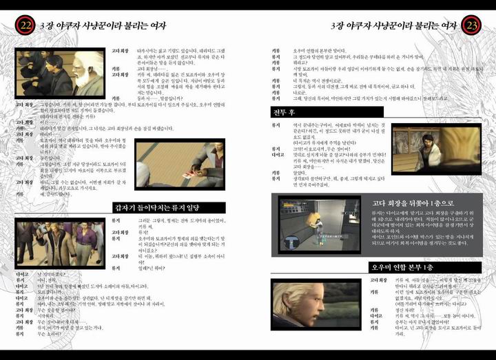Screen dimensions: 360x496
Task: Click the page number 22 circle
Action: pyautogui.click(x=25, y=25)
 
